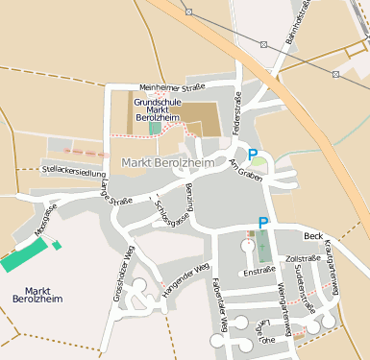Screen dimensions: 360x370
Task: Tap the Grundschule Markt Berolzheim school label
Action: [x=164, y=108]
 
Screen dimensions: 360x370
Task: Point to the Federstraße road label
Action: [x=236, y=112]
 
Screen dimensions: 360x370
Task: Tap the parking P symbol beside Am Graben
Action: [x=254, y=155]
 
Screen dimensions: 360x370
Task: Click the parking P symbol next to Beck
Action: [x=263, y=223]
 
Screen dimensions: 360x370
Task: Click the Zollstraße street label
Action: [x=303, y=258]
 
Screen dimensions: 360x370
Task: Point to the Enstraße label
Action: [x=259, y=272]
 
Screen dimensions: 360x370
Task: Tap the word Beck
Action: [x=312, y=235]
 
